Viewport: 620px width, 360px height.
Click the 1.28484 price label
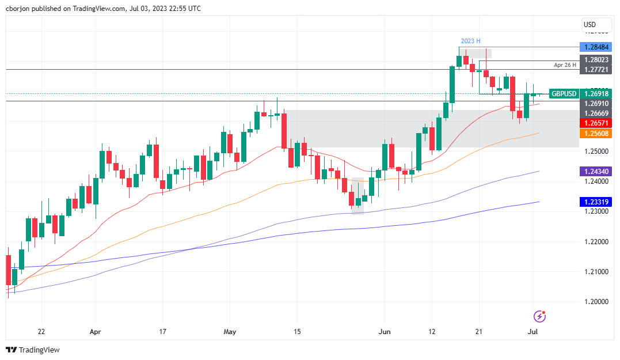pos(596,47)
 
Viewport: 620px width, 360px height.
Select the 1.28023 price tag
pos(596,60)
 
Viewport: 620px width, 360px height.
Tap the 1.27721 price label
pos(596,69)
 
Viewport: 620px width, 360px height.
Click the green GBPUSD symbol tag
pos(563,93)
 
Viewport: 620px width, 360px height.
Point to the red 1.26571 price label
pos(596,123)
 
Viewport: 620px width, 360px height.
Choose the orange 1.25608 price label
pos(596,133)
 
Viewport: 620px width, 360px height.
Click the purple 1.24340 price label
pos(596,171)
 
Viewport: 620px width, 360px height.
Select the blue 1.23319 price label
pos(596,202)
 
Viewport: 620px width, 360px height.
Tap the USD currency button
pos(589,25)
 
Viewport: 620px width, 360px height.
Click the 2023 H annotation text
pos(470,41)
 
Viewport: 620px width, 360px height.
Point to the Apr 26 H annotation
pos(565,66)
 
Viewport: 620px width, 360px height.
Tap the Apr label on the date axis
pos(96,332)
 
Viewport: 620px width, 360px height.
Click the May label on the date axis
pos(230,332)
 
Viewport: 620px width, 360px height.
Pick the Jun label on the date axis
pos(385,332)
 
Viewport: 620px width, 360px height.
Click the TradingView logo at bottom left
pos(33,350)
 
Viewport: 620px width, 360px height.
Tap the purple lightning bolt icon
pos(539,316)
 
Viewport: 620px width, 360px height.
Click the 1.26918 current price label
pos(596,93)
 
